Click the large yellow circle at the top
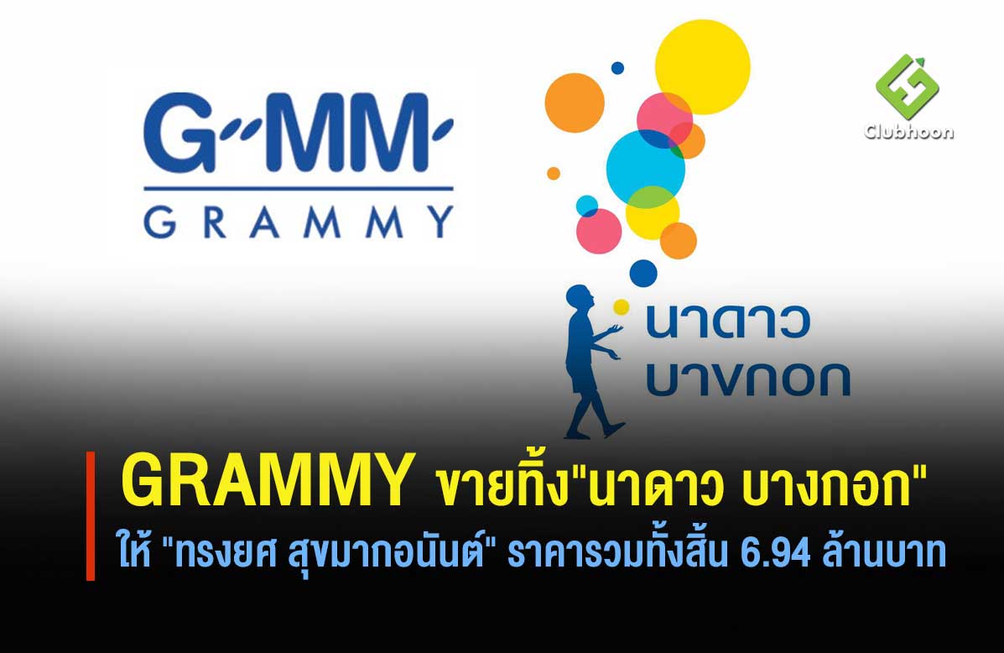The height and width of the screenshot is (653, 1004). [702, 67]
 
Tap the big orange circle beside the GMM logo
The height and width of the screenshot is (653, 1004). [575, 103]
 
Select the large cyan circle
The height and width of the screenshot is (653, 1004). [646, 170]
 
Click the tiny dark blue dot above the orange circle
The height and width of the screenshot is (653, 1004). [617, 68]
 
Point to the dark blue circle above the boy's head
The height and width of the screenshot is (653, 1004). [642, 273]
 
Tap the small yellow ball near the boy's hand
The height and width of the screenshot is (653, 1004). [621, 307]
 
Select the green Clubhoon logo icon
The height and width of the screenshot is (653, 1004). [907, 86]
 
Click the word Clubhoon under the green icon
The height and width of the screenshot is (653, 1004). [908, 132]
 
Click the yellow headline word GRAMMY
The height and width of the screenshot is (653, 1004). [268, 480]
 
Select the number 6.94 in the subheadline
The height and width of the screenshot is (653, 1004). [775, 554]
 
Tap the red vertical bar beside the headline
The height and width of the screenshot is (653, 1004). [91, 516]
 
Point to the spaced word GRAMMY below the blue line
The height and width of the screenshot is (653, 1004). [299, 222]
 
